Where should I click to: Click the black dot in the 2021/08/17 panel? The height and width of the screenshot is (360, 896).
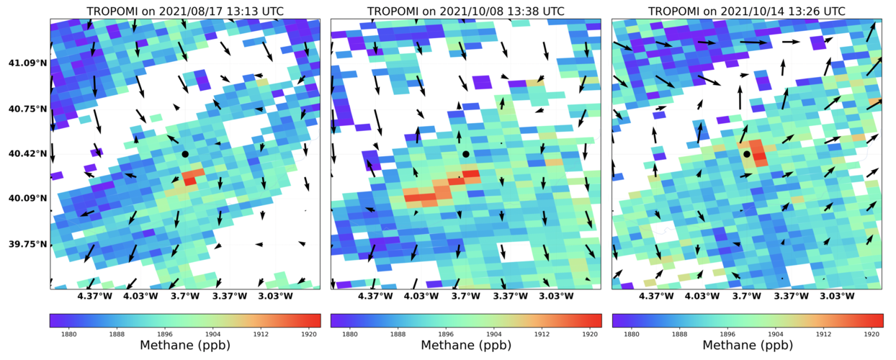(x=185, y=154)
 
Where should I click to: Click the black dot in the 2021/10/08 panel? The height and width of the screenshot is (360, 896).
(x=466, y=154)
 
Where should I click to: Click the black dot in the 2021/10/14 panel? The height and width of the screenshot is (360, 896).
(x=747, y=154)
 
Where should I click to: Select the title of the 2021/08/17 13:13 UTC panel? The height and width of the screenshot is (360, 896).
(x=185, y=12)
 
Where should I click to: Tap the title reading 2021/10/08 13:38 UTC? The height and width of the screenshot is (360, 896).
(x=466, y=12)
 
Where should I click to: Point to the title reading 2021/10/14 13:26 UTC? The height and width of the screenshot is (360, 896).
(x=747, y=12)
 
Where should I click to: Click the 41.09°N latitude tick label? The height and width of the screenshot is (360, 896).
(x=27, y=63)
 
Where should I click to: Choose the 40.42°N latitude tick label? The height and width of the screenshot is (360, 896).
(x=27, y=154)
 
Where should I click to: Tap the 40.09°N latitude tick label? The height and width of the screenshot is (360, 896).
(x=27, y=199)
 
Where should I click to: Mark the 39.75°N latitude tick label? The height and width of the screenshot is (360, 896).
(x=27, y=244)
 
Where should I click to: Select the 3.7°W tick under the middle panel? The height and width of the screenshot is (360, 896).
(x=466, y=296)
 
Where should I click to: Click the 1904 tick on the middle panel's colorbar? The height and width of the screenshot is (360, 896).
(x=493, y=333)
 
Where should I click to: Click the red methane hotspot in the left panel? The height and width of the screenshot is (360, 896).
(x=191, y=177)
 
